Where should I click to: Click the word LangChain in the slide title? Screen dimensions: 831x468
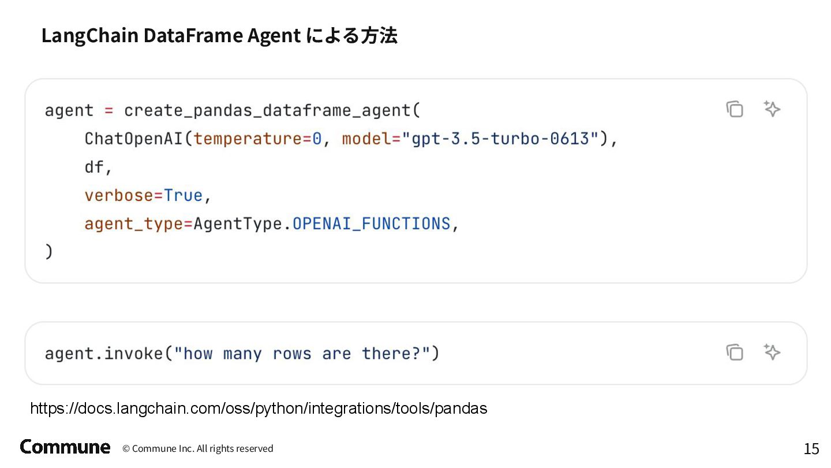click(x=89, y=36)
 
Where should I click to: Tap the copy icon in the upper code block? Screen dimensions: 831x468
click(x=735, y=109)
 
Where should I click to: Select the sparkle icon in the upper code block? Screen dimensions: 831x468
click(x=772, y=109)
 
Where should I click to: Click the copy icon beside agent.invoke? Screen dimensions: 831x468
click(x=735, y=352)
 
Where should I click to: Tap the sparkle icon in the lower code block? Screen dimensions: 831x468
click(x=772, y=352)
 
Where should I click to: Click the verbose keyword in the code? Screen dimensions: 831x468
click(x=118, y=195)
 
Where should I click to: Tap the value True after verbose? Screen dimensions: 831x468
click(x=183, y=195)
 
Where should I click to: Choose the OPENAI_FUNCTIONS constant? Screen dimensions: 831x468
click(x=371, y=224)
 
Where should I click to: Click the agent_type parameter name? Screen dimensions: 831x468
click(x=133, y=224)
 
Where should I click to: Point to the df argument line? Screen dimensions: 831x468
click(x=94, y=167)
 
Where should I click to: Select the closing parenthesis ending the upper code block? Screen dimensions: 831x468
click(x=48, y=252)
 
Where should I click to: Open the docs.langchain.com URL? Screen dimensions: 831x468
click(x=259, y=408)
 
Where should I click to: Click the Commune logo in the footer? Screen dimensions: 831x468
click(x=65, y=447)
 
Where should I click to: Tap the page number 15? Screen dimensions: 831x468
click(x=811, y=448)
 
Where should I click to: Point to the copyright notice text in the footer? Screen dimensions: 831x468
click(x=197, y=448)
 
